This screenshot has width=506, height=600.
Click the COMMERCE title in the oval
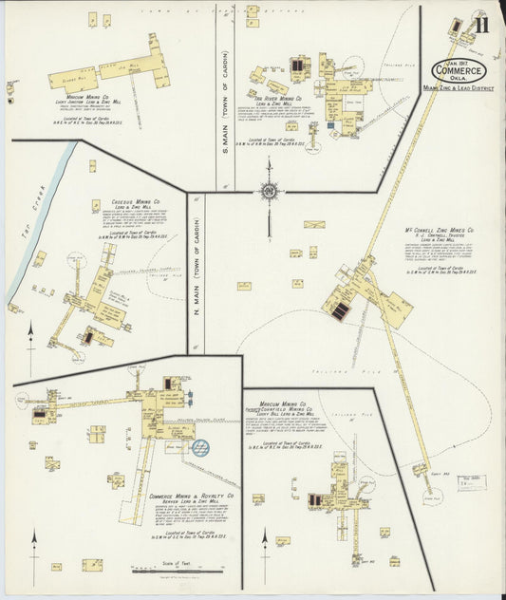tap(460, 70)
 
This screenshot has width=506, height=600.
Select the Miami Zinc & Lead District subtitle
tap(459, 88)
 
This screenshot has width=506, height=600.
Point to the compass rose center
tap(269, 193)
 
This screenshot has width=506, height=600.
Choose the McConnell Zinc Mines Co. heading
tap(440, 229)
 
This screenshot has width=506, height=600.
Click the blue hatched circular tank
tap(201, 446)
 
